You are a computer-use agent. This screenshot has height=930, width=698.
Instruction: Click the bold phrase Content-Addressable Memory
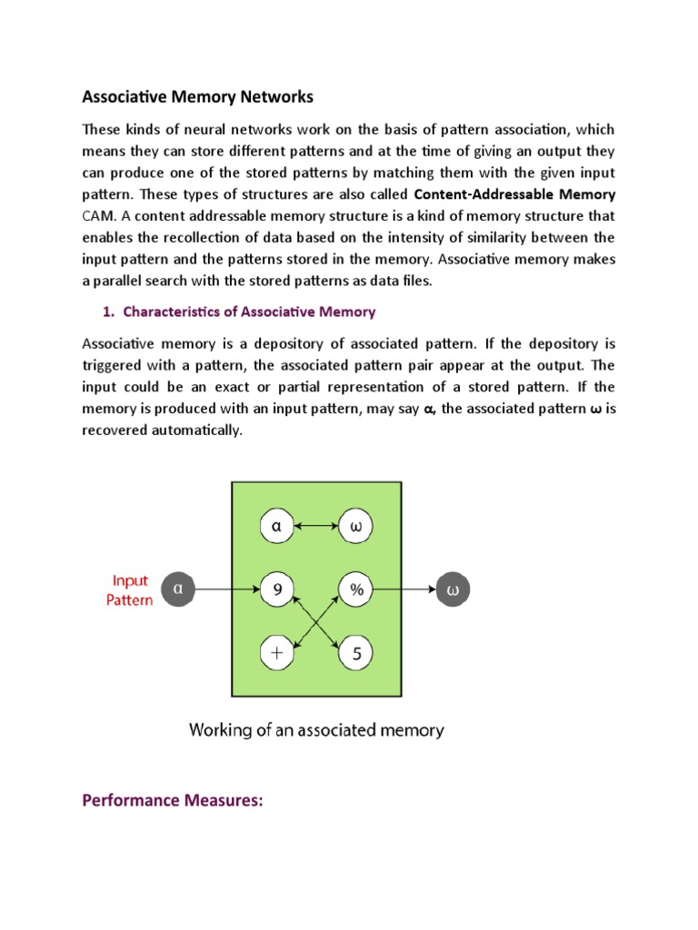click(514, 194)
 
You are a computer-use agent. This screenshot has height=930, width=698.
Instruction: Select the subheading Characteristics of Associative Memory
click(248, 312)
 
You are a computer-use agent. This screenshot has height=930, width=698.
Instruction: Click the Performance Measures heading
click(172, 801)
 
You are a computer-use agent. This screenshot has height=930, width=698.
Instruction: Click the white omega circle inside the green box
click(356, 526)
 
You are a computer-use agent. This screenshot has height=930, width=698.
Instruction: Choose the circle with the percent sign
click(356, 589)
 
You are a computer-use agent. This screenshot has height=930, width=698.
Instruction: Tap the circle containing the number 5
click(356, 651)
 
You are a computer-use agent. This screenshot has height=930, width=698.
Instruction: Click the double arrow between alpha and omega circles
click(316, 526)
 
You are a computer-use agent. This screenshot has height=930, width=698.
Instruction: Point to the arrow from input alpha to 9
click(227, 589)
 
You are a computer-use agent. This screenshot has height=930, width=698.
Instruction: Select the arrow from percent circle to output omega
click(404, 589)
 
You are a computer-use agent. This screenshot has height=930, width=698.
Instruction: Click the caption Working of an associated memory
click(316, 728)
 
